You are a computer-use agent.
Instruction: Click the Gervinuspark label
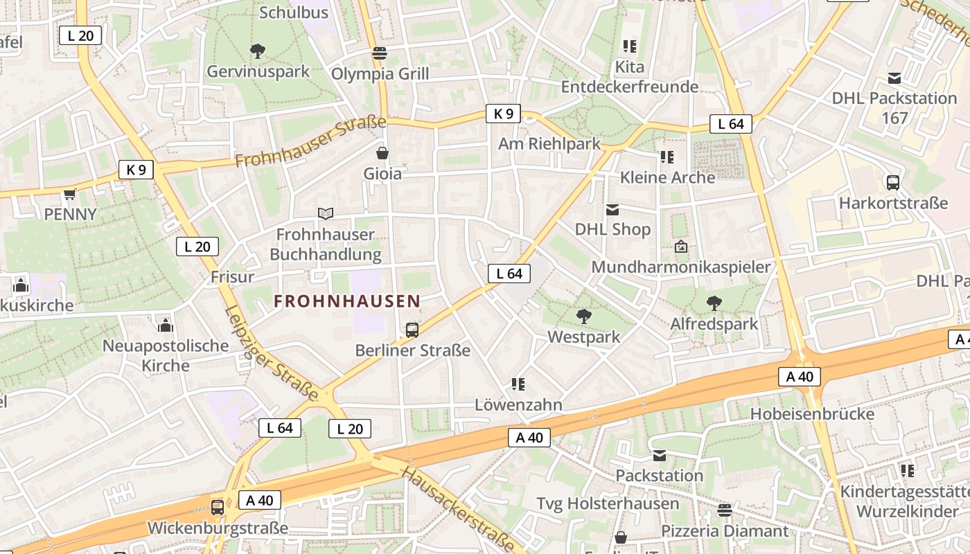(x=258, y=71)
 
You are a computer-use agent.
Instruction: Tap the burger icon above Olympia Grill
(x=379, y=53)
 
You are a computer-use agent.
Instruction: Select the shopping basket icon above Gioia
(x=382, y=152)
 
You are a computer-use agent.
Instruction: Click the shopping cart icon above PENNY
(x=69, y=195)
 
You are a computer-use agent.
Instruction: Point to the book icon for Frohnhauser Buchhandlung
(x=325, y=213)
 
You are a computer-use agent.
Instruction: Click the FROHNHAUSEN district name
(x=346, y=301)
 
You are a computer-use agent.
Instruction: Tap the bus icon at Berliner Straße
(x=412, y=330)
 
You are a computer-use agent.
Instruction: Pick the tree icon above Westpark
(x=583, y=316)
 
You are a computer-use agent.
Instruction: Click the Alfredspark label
(x=714, y=323)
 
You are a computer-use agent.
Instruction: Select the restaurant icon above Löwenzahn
(x=518, y=384)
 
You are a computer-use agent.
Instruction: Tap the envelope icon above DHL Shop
(x=612, y=209)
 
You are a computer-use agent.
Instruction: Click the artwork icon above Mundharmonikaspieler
(x=681, y=247)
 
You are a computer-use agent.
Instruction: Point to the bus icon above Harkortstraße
(x=893, y=183)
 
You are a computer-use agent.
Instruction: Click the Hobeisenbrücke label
(x=812, y=414)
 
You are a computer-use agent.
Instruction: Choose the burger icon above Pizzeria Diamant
(x=725, y=510)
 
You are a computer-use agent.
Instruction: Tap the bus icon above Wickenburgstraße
(x=218, y=507)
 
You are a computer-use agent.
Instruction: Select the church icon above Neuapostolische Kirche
(x=165, y=325)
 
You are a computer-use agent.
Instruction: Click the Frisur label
(x=232, y=277)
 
